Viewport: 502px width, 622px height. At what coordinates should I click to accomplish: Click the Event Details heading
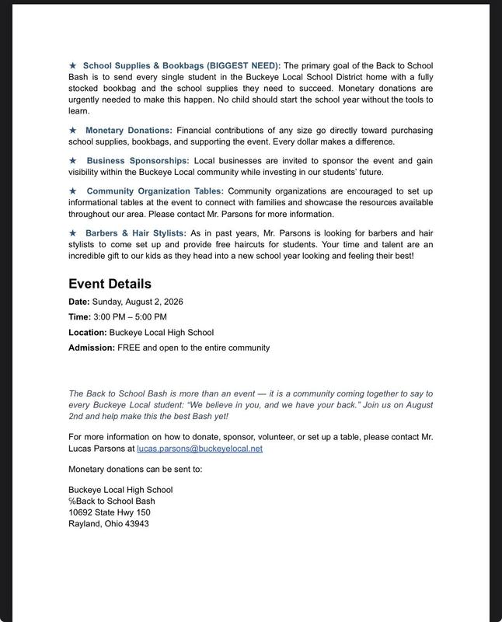(x=110, y=284)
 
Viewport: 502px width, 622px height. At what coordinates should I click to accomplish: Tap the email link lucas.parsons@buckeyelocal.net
(x=200, y=449)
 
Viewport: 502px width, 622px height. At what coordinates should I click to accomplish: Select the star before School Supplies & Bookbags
(x=73, y=65)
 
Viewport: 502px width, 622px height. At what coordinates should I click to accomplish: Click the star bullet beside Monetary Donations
(x=73, y=130)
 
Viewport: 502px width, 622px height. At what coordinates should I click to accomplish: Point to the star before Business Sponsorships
(x=73, y=160)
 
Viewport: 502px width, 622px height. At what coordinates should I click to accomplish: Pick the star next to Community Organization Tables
(x=73, y=190)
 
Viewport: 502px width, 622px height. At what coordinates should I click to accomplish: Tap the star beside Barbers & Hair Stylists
(x=73, y=232)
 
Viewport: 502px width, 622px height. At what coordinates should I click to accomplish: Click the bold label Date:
(x=79, y=302)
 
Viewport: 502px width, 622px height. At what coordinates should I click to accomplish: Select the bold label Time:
(x=79, y=317)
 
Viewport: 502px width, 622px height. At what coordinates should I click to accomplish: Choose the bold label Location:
(x=88, y=333)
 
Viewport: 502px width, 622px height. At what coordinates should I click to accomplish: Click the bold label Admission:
(x=92, y=348)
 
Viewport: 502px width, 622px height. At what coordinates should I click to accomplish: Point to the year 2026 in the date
(x=173, y=302)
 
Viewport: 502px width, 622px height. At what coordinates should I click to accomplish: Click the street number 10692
(x=81, y=512)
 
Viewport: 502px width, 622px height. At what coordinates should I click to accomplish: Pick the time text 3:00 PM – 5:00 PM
(x=130, y=317)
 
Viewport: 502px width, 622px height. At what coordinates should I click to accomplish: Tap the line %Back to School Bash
(x=111, y=501)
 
